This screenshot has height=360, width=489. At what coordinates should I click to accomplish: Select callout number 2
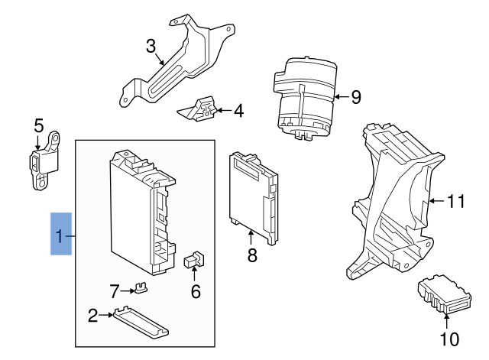93,315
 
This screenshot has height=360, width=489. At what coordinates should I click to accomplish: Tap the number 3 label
151,46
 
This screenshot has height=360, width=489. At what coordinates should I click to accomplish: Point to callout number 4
238,112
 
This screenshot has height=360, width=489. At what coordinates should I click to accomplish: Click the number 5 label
39,125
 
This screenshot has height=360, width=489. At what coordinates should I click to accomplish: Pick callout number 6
196,290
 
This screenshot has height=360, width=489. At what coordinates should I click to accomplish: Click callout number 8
252,255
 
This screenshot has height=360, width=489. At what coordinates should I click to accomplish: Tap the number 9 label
355,97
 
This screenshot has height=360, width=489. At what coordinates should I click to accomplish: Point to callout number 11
455,202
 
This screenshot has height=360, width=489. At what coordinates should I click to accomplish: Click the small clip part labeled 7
140,288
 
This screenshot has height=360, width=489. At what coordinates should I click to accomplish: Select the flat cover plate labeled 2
141,321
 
